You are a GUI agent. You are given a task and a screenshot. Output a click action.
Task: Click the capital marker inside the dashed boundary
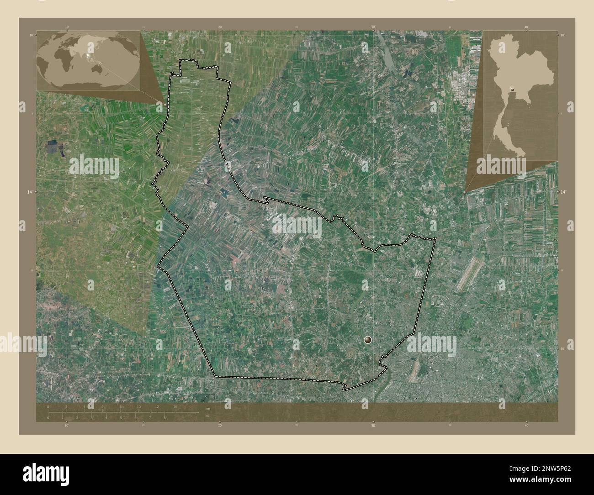(368, 340)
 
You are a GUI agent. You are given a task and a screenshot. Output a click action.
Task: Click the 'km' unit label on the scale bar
(207, 408)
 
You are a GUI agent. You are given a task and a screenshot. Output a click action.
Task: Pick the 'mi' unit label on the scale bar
(207, 417)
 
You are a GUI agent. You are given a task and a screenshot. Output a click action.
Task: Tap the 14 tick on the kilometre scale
(175, 406)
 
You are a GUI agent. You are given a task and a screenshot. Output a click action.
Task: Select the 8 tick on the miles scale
(164, 417)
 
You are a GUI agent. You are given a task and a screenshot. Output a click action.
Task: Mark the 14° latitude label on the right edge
(563, 193)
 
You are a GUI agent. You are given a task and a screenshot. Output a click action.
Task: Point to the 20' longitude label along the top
(220, 27)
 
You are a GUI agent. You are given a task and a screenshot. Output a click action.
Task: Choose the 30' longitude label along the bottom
(373, 426)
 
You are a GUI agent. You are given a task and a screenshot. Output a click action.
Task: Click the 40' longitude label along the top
(526, 27)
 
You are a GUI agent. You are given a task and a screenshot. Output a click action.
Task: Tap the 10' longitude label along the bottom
(67, 426)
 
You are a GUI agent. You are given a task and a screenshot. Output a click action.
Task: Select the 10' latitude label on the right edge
(562, 35)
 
